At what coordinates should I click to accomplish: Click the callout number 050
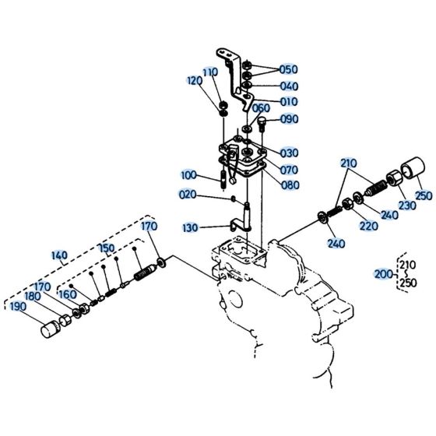(x=288, y=69)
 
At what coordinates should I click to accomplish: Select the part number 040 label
(x=288, y=86)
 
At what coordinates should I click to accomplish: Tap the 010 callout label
(x=288, y=101)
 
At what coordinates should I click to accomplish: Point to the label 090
(x=290, y=119)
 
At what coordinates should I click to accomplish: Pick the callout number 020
(x=188, y=195)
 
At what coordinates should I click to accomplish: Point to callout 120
(x=195, y=80)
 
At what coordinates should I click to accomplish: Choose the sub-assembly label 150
(x=107, y=248)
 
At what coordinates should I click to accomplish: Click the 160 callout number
(x=67, y=295)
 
